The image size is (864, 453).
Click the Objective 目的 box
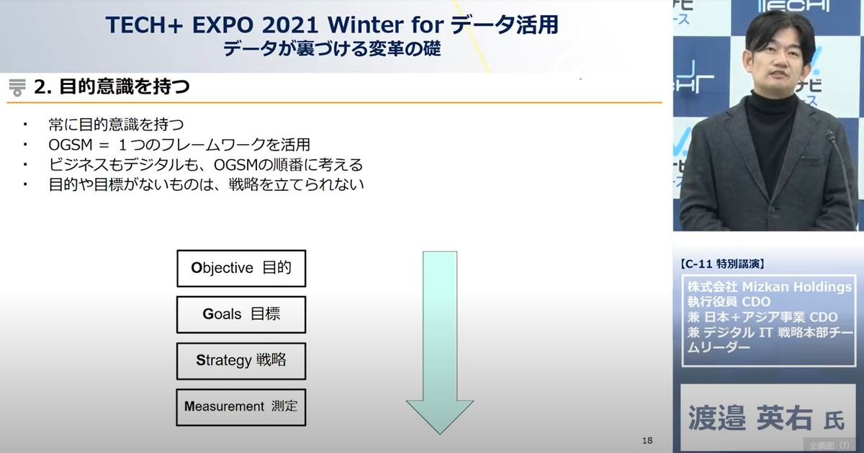coord(241,268)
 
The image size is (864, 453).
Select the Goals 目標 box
coord(241,315)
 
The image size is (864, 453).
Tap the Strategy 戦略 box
coord(241,361)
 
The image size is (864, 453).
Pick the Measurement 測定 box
coord(241,408)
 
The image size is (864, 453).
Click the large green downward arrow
coord(440,343)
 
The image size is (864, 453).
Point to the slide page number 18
coord(647,440)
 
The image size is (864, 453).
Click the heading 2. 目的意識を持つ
coord(112,86)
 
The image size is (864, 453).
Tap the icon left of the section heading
coord(17,88)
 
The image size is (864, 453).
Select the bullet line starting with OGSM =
coord(179,145)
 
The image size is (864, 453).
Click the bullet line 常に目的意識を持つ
coord(117,125)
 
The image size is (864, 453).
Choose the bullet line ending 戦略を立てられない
coord(207,184)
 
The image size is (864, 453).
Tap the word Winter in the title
coord(365,24)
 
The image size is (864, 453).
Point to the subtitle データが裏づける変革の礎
coord(332,49)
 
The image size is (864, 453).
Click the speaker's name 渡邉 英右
coord(750,418)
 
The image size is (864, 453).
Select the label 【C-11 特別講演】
coord(721,264)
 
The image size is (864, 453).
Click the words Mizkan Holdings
coord(797,287)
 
